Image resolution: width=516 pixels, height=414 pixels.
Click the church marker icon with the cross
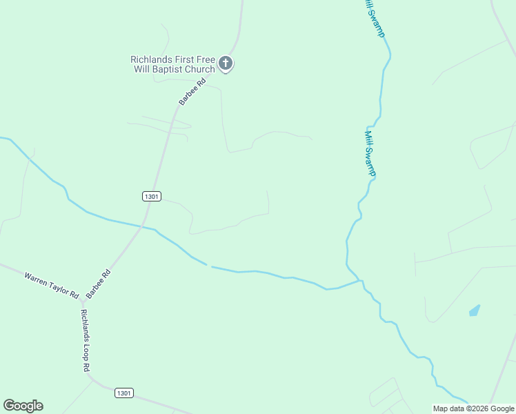tap(226, 64)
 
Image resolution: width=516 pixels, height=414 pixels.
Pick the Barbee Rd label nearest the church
tap(192, 92)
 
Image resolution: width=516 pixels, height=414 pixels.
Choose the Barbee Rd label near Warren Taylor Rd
tap(99, 283)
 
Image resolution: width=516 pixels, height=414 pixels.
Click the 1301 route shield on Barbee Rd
tap(152, 196)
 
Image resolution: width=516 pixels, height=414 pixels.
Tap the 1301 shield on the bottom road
tap(124, 393)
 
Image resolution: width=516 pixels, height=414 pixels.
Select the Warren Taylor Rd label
tap(52, 284)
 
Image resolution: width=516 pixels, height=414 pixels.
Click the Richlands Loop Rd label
tap(85, 341)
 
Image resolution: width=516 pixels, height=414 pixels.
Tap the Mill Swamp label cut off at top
tap(375, 18)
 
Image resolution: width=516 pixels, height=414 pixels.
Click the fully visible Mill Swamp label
tap(370, 153)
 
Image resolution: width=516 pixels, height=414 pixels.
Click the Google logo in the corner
tap(23, 406)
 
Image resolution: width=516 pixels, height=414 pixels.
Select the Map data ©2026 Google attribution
tap(473, 408)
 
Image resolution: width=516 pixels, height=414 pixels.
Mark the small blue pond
tap(475, 310)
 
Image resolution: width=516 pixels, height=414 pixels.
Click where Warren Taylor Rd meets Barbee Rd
tap(82, 302)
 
